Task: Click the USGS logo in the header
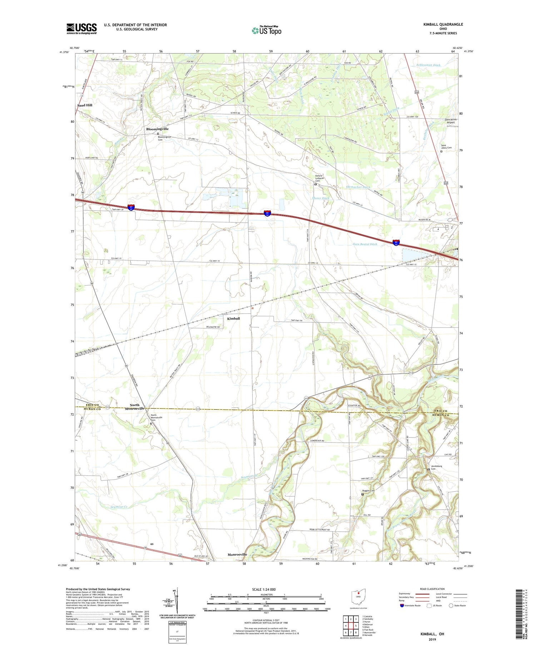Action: coord(81,29)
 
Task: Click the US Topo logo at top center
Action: coord(266,31)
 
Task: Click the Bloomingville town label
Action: coord(157,129)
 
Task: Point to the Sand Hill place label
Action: coord(85,105)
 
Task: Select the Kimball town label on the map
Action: coord(233,318)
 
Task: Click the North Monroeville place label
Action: coord(135,407)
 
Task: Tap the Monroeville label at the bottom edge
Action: coord(237,555)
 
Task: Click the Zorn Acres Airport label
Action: coord(450,121)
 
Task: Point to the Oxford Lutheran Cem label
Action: coord(318,178)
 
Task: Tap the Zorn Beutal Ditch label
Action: coord(365,244)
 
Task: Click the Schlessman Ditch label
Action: coord(428,65)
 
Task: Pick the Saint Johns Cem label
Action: coord(446,147)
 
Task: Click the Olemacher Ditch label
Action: coord(358,187)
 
